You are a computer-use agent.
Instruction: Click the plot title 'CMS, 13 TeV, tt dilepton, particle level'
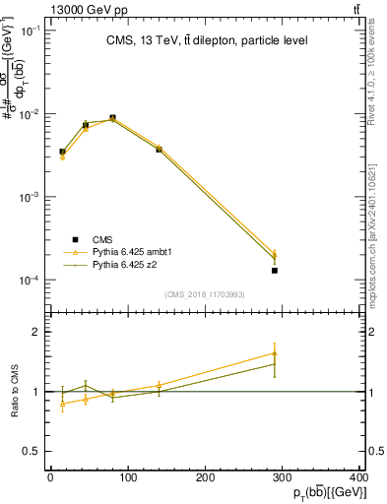tap(206, 40)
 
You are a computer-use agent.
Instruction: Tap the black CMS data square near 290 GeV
tap(275, 270)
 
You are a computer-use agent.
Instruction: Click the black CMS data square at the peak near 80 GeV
tap(112, 118)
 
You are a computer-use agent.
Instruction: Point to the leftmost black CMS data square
tap(62, 152)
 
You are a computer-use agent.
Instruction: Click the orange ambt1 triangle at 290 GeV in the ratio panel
tap(275, 353)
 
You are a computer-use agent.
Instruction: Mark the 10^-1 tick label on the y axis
tap(32, 31)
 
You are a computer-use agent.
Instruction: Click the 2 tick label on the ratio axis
tap(38, 332)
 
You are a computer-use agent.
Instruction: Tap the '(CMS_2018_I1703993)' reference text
tap(206, 294)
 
